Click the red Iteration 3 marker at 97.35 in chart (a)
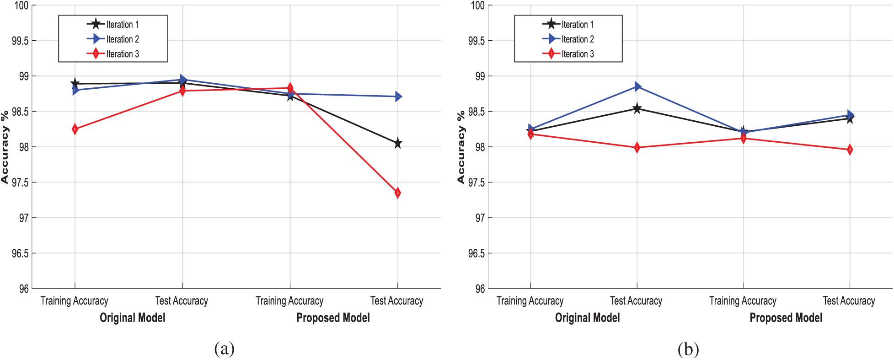click(397, 193)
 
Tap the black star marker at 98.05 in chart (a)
click(397, 143)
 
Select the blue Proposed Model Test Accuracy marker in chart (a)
click(398, 97)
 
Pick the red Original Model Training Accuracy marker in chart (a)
click(75, 129)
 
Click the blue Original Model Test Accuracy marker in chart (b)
click(637, 86)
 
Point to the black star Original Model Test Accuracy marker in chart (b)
click(637, 109)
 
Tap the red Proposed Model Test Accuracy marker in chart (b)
click(850, 150)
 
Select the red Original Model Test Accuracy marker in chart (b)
click(637, 148)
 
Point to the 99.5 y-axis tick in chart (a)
click(20, 41)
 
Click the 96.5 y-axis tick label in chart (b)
click(476, 253)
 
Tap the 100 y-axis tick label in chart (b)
click(477, 5)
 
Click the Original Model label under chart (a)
click(132, 318)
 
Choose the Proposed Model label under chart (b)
click(786, 318)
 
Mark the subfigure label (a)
click(224, 349)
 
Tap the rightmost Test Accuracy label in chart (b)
click(849, 301)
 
